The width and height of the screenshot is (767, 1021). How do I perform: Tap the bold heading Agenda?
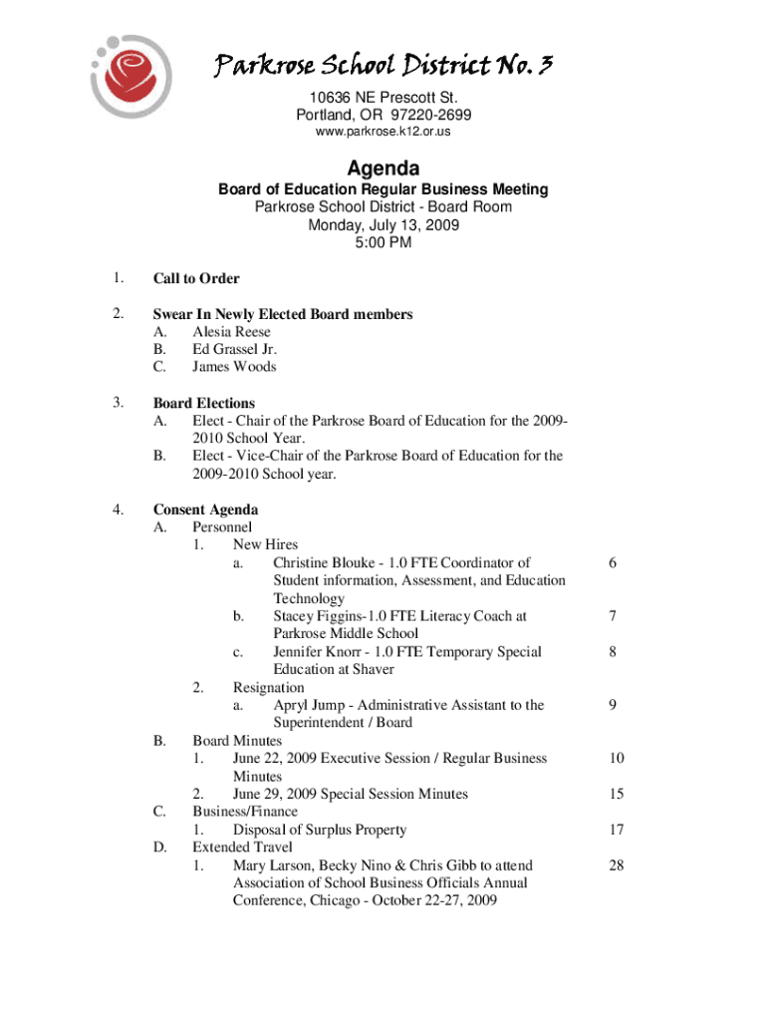point(383,169)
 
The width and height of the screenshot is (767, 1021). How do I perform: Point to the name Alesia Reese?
point(231,332)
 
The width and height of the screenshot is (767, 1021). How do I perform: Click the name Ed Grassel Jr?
point(234,349)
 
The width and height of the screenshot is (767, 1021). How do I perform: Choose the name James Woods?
point(234,367)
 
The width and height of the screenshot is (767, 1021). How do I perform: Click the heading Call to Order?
point(196,278)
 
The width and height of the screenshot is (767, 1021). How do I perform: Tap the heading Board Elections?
point(203,403)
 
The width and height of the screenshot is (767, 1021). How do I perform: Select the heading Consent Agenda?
point(205,510)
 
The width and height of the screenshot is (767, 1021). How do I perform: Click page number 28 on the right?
point(617,865)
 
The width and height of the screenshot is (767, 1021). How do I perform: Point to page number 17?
point(617,830)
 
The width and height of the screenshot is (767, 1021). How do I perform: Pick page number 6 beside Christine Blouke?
point(614,563)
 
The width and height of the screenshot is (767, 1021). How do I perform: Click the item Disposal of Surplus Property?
point(320,830)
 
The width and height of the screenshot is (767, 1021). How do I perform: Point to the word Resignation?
point(269,687)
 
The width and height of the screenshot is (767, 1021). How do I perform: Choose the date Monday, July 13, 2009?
point(383,225)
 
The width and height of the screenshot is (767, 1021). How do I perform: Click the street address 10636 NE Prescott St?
point(383,97)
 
